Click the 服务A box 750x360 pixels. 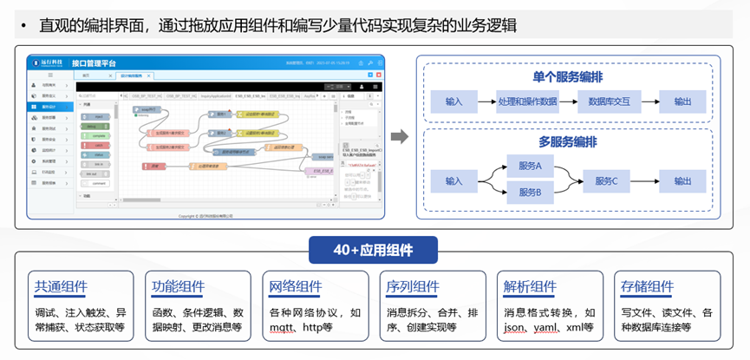[530, 166]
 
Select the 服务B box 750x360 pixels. [530, 192]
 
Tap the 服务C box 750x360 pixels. [606, 180]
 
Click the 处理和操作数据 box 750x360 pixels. [527, 101]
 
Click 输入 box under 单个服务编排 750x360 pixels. [454, 101]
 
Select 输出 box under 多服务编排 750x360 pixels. [683, 180]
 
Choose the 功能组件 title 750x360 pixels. [179, 288]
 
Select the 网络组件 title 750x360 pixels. [296, 288]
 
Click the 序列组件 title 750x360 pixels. [413, 288]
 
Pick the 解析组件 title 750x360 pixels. [530, 288]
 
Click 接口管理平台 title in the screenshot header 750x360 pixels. [95, 63]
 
